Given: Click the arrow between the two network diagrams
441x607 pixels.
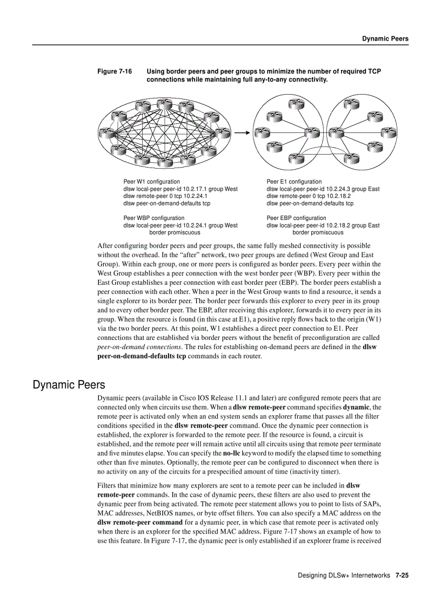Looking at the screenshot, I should point(241,131).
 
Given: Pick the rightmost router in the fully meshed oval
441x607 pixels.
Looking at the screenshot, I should point(222,131).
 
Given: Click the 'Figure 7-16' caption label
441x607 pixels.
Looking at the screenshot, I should point(114,71).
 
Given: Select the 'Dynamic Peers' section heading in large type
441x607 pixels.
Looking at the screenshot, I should point(69,385).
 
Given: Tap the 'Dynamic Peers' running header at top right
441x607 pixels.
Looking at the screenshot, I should point(385,38).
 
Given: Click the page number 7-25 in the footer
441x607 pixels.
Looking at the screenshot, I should point(402,576).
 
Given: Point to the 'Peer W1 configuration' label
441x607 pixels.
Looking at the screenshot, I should point(152,182).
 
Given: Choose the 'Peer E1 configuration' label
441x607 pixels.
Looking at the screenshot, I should point(294,182).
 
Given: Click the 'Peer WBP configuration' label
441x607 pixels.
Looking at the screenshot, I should point(153,218).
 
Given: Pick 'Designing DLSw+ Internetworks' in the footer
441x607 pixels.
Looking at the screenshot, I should point(344,576).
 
